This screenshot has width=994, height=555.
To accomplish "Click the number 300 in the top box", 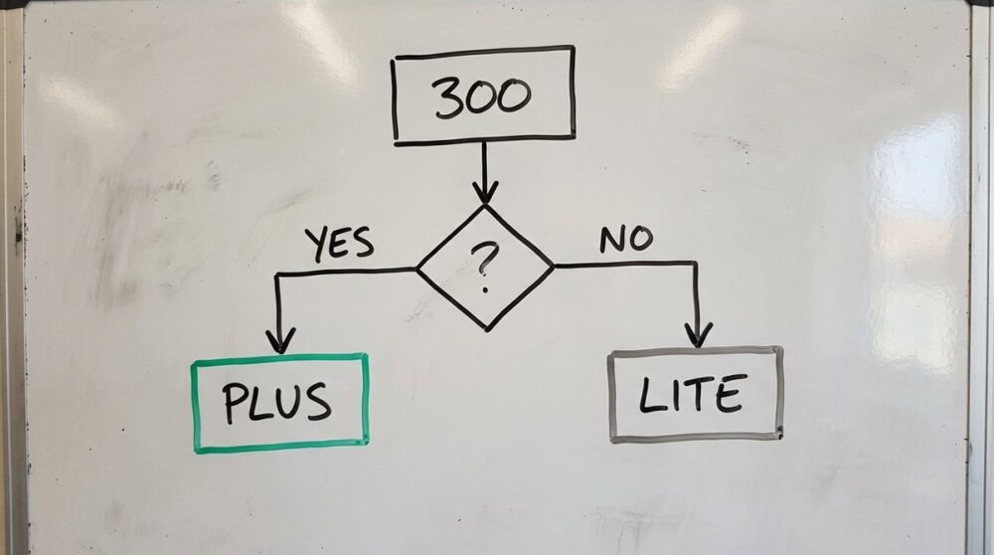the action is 482,97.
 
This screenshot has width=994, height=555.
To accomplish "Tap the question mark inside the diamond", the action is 484,268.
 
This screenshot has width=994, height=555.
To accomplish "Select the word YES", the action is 340,245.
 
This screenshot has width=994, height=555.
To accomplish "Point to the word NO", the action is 626,239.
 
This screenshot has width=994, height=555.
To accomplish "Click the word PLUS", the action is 277,403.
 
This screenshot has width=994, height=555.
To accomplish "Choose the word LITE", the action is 691,394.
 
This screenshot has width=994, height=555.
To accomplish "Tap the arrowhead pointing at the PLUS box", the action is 280,340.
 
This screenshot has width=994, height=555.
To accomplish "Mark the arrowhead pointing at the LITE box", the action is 698,335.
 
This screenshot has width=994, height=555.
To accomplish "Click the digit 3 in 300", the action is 448,98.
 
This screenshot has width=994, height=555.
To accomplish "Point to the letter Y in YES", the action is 318,246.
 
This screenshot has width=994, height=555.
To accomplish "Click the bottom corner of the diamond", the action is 487,330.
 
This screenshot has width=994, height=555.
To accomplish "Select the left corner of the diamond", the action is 416,270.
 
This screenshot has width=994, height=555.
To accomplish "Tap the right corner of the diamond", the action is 554,266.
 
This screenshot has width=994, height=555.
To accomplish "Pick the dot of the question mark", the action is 485,289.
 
